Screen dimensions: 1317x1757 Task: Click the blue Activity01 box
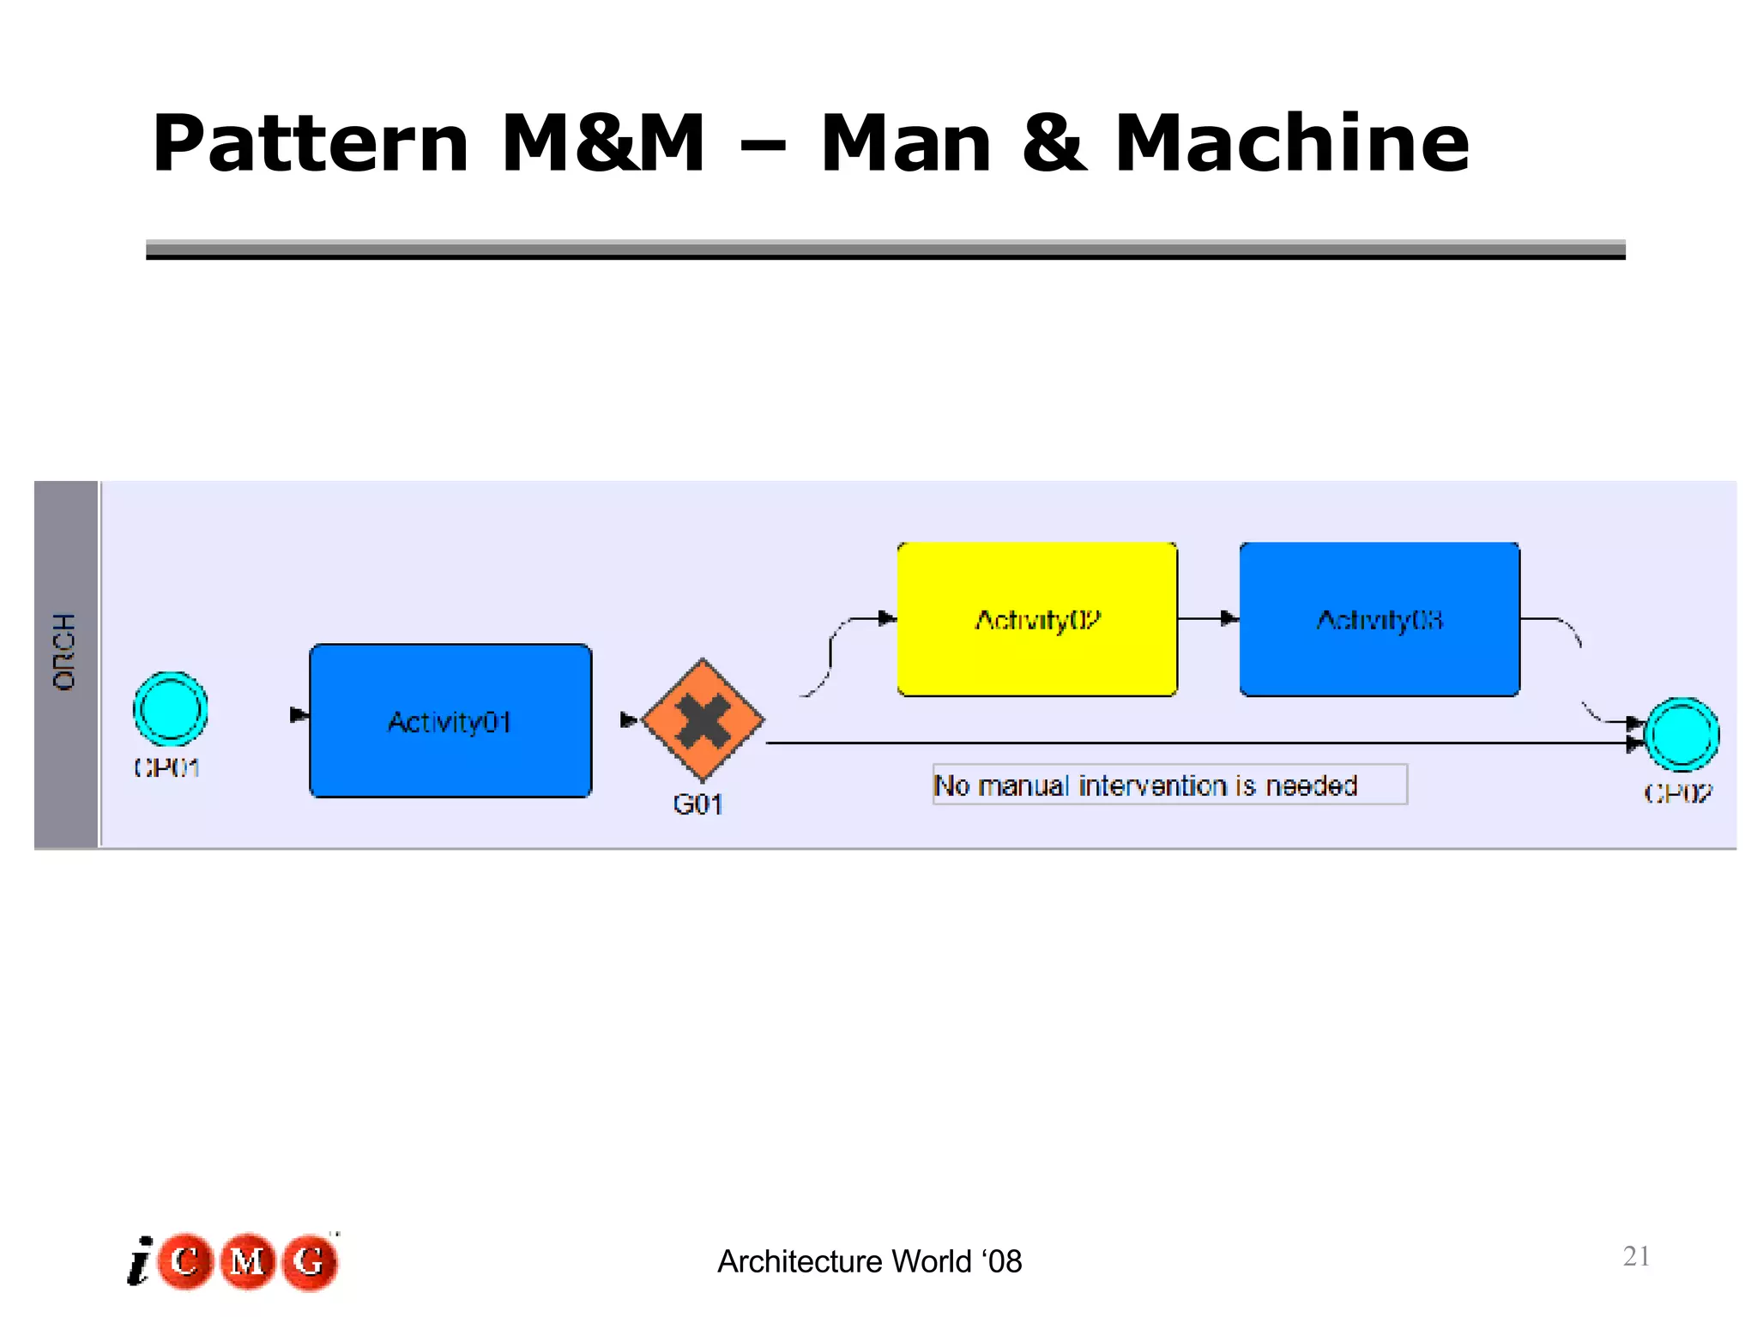pyautogui.click(x=450, y=720)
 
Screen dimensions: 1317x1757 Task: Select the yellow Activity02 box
pyautogui.click(x=1036, y=618)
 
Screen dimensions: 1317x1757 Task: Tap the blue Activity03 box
pyautogui.click(x=1379, y=618)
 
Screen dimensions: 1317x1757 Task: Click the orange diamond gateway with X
pyautogui.click(x=703, y=720)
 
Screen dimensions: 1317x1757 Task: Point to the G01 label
pyautogui.click(x=697, y=804)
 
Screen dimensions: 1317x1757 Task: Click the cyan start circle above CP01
pyautogui.click(x=171, y=709)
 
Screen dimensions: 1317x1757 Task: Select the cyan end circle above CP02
pyautogui.click(x=1681, y=735)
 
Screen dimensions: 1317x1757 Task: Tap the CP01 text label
pyautogui.click(x=167, y=767)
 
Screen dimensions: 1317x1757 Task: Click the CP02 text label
pyautogui.click(x=1677, y=793)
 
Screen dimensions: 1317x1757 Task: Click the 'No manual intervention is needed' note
pyautogui.click(x=1168, y=785)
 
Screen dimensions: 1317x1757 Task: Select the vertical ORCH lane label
pyautogui.click(x=65, y=652)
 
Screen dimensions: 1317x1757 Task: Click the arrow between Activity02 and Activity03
pyautogui.click(x=1208, y=618)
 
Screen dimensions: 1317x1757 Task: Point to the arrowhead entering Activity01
pyautogui.click(x=298, y=715)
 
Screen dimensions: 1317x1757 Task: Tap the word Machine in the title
pyautogui.click(x=1291, y=143)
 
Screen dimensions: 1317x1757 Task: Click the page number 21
pyautogui.click(x=1636, y=1256)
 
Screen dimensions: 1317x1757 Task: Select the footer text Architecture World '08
pyautogui.click(x=869, y=1261)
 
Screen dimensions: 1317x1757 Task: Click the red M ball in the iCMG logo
pyautogui.click(x=248, y=1261)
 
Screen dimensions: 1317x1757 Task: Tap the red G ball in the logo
pyautogui.click(x=309, y=1261)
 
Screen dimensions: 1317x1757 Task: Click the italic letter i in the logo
pyautogui.click(x=140, y=1263)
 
